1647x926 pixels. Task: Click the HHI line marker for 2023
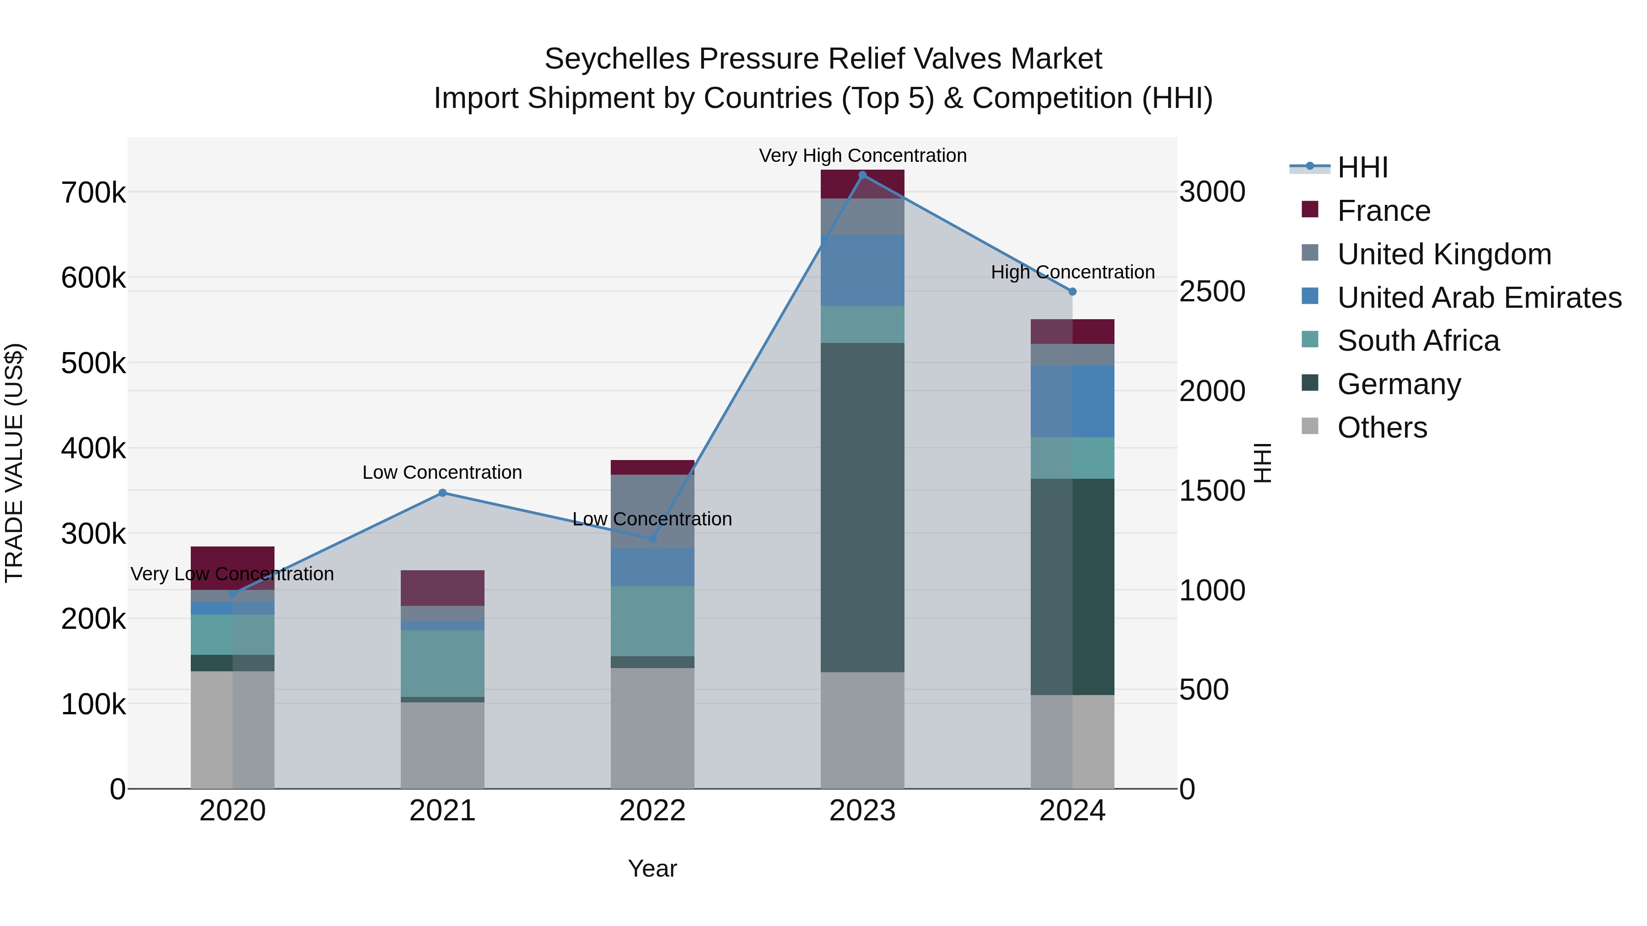click(862, 175)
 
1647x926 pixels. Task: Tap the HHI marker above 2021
click(442, 492)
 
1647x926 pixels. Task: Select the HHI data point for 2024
click(1072, 291)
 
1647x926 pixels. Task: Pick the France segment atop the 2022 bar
click(652, 467)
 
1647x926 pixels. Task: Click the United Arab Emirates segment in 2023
click(862, 270)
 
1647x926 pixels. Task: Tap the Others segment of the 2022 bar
click(652, 728)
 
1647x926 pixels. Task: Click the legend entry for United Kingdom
click(1444, 254)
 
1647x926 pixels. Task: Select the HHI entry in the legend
click(1362, 167)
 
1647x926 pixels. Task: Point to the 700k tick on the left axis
click(93, 193)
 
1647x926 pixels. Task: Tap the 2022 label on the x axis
click(652, 810)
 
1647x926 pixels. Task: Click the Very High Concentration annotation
click(862, 155)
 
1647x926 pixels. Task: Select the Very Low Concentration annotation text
click(232, 574)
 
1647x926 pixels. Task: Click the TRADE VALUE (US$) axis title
click(14, 463)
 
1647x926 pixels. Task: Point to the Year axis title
click(652, 868)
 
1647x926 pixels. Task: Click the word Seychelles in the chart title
click(616, 59)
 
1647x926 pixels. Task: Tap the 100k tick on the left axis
click(93, 704)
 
